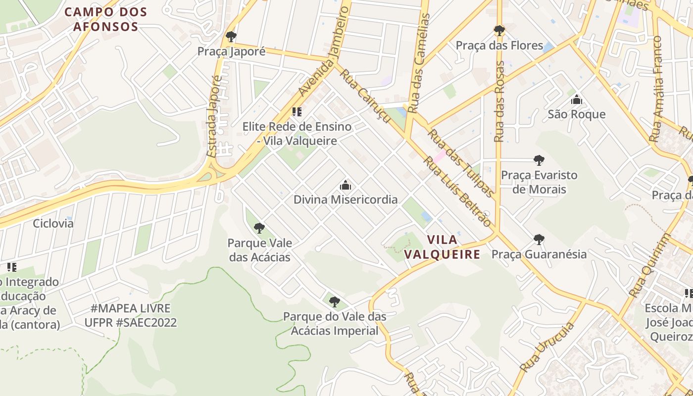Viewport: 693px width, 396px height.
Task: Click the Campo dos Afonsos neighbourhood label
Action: [106, 19]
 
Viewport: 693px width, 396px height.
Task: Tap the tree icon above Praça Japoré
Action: [231, 37]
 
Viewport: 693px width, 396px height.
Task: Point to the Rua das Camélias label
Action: [419, 62]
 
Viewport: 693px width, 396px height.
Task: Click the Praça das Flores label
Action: [499, 46]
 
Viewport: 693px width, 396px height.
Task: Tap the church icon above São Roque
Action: [576, 100]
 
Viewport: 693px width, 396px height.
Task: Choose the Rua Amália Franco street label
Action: [657, 89]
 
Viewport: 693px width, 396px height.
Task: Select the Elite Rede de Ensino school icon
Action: [297, 112]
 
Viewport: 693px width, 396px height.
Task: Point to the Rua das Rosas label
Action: [499, 101]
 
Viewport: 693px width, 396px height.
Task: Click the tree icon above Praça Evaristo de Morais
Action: [539, 160]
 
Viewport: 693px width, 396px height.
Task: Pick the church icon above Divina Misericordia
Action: [345, 186]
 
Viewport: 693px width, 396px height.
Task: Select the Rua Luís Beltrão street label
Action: [458, 192]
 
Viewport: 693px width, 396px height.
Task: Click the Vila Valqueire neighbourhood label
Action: [442, 247]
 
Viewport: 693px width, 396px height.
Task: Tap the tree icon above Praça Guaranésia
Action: [539, 240]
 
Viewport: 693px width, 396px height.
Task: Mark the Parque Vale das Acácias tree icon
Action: [259, 228]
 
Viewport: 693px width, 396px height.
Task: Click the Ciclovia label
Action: [53, 223]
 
